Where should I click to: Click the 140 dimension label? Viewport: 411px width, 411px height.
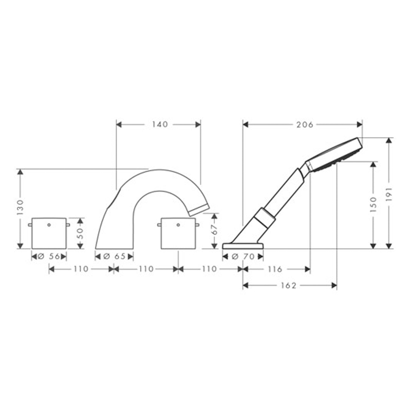point(160,124)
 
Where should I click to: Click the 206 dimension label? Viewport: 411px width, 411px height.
point(305,124)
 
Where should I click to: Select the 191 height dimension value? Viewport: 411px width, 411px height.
point(389,194)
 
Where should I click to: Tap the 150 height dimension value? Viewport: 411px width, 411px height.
point(373,204)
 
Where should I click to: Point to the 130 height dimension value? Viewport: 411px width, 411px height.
point(20,207)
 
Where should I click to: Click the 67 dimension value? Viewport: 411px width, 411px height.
point(214,230)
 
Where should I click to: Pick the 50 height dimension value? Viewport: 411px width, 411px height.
point(81,233)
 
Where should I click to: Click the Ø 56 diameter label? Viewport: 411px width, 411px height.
point(49,256)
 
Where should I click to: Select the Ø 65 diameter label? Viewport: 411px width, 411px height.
point(114,256)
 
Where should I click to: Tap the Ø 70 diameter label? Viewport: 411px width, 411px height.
point(243,256)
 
